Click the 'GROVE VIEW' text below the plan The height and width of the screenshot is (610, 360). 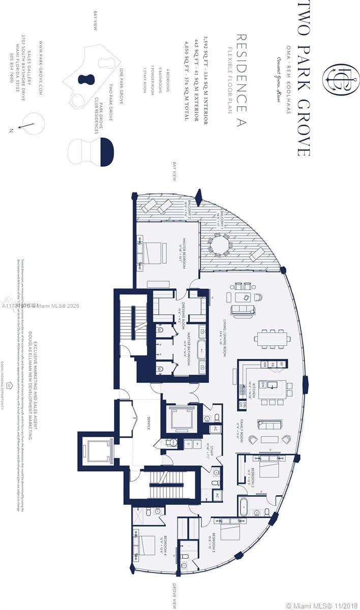[x=174, y=595]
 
